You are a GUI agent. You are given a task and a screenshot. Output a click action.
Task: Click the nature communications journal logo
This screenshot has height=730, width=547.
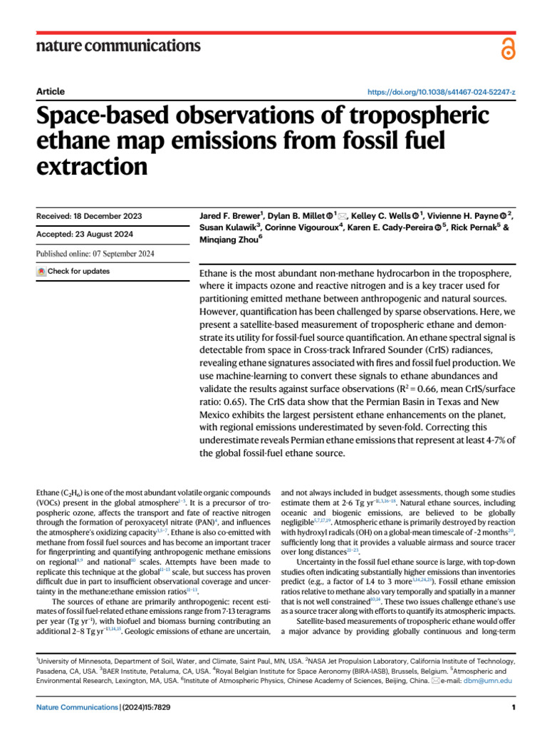tap(118, 46)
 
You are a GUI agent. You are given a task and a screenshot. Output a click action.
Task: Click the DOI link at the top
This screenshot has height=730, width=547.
tap(442, 92)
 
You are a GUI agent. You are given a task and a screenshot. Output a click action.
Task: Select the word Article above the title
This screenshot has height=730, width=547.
tap(50, 91)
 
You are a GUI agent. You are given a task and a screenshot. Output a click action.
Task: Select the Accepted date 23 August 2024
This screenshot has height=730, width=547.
tap(86, 235)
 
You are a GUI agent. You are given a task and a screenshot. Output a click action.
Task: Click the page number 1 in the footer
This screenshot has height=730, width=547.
tap(513, 707)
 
